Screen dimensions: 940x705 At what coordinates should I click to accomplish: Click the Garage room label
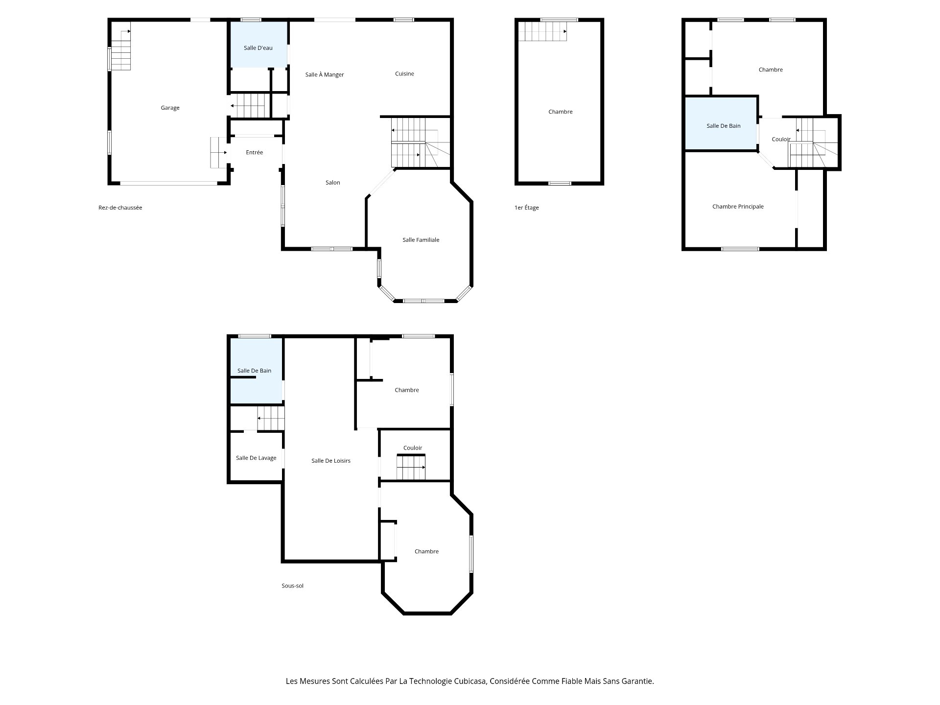tap(170, 108)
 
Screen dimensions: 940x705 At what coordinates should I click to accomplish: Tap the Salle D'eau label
tap(258, 48)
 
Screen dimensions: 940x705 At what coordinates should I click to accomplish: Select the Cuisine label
tap(404, 74)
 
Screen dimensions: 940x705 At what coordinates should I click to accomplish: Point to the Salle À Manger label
tap(325, 74)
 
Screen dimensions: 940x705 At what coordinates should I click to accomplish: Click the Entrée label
tap(254, 152)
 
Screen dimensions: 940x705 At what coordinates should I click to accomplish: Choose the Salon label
tap(332, 183)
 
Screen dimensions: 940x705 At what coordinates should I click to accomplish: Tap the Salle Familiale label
tap(421, 240)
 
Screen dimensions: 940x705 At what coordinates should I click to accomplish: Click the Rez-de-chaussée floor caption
tap(120, 208)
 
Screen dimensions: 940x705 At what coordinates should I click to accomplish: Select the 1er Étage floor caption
tap(526, 208)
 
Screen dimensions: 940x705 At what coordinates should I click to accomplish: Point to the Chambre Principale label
tap(738, 207)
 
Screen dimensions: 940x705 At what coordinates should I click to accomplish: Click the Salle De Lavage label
tap(256, 458)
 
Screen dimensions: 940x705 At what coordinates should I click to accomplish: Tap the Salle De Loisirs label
tap(331, 461)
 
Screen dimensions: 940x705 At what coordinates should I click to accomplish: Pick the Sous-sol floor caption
tap(292, 586)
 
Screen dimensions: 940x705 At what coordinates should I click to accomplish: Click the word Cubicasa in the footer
tap(470, 681)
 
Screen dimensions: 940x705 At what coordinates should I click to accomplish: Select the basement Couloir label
tap(413, 448)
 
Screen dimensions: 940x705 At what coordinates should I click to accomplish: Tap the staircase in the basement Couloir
tap(411, 467)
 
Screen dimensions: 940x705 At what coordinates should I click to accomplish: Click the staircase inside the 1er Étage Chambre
tap(543, 31)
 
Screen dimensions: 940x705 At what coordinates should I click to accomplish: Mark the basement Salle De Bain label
tap(254, 371)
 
